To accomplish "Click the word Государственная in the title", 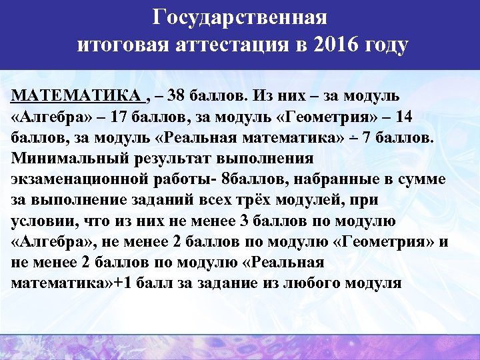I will pos(239,16).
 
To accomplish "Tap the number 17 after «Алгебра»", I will pos(125,117).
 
